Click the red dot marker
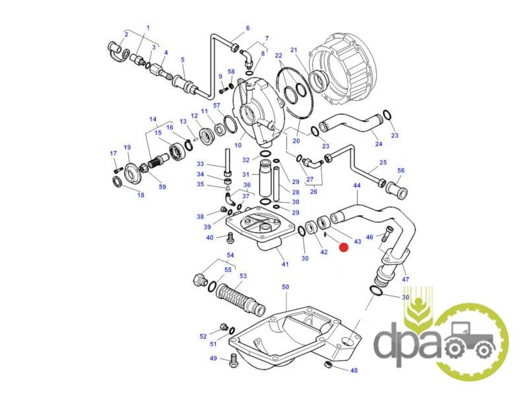point(343,248)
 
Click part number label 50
point(285,287)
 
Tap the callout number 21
point(294,50)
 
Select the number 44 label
point(356,185)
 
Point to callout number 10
point(238,145)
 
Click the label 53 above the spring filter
point(243,276)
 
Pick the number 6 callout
point(248,28)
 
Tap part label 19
point(127,147)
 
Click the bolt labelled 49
point(233,361)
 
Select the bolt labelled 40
point(230,238)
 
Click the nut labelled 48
point(327,364)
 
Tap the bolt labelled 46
point(386,234)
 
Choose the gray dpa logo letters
point(407,344)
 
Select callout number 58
point(231,72)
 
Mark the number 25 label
point(383,162)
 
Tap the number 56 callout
point(401,170)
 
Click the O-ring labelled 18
point(117,182)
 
